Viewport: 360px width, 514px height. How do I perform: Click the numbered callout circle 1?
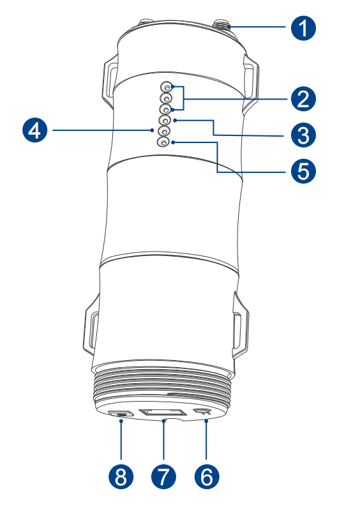[x=303, y=27]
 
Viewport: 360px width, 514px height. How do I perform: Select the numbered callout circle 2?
[x=303, y=99]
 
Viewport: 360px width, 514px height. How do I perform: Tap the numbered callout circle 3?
[x=303, y=135]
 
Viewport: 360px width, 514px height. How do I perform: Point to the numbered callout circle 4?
[x=34, y=130]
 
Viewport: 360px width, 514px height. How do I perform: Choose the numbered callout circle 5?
[x=303, y=170]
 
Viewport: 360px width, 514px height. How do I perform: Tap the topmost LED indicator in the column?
[x=167, y=87]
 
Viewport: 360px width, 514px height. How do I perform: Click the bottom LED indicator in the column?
[x=164, y=142]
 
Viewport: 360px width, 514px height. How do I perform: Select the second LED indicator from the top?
[x=166, y=98]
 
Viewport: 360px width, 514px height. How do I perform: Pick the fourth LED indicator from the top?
[x=165, y=120]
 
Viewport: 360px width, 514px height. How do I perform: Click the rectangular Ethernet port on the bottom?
[x=161, y=412]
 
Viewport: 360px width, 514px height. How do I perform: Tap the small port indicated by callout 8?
[x=121, y=413]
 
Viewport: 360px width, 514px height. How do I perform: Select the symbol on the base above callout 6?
[x=203, y=412]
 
